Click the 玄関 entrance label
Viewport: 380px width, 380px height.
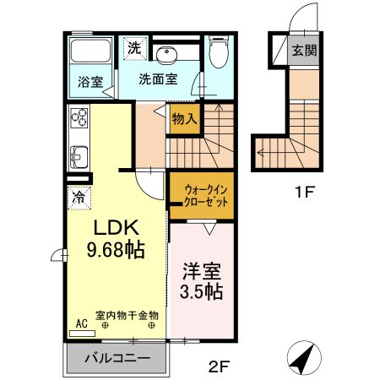pyautogui.click(x=305, y=50)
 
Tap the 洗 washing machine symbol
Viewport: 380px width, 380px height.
pyautogui.click(x=134, y=48)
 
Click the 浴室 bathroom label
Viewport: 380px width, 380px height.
pyautogui.click(x=90, y=82)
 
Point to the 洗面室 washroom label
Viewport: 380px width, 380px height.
pyautogui.click(x=158, y=80)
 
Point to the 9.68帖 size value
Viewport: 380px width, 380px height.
pyautogui.click(x=115, y=249)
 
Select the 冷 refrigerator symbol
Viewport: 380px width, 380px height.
pyautogui.click(x=79, y=198)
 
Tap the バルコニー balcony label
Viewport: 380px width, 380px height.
pyautogui.click(x=117, y=358)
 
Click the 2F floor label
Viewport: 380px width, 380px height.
pyautogui.click(x=219, y=366)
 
